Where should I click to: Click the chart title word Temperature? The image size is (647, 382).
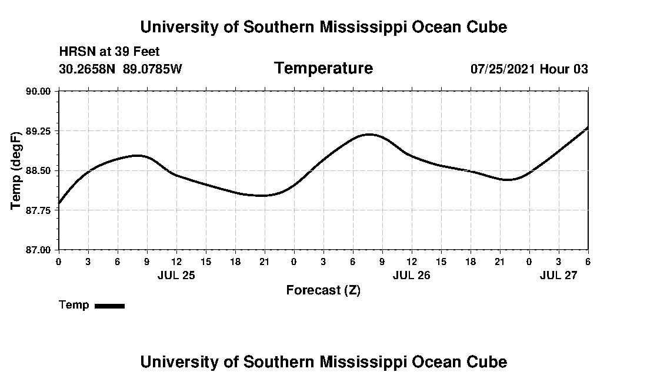coord(323,69)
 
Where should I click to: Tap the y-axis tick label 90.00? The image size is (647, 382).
coord(39,91)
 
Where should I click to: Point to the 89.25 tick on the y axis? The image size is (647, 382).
coord(39,131)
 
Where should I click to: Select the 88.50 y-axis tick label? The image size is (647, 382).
coord(39,170)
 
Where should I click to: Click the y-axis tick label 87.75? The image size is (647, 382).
coord(39,210)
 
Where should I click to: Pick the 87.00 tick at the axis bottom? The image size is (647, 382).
coord(39,250)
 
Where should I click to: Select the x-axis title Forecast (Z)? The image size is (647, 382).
coord(323,290)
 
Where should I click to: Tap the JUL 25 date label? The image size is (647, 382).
coord(176,275)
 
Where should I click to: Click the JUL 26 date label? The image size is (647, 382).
coord(411,275)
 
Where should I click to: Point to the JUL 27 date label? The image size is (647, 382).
coord(558,275)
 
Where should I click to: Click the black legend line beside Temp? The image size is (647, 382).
coord(109,306)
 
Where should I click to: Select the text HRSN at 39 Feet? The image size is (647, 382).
coord(109,52)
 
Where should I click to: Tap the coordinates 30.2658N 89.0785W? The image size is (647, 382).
coord(121,69)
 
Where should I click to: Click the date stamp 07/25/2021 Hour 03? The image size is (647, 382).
coord(529,69)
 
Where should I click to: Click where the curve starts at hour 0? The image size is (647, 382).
coord(59,203)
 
